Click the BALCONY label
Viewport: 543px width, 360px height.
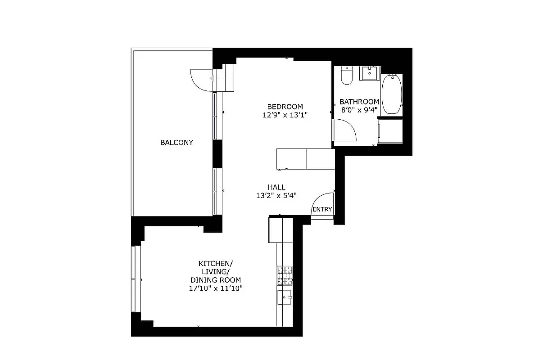(x=176, y=143)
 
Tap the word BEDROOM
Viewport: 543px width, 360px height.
(x=285, y=107)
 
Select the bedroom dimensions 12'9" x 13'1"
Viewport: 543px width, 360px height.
(x=285, y=115)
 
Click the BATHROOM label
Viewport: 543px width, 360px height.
(x=359, y=102)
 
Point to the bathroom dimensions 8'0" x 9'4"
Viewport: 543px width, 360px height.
(x=359, y=110)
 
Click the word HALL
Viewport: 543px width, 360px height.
(x=276, y=187)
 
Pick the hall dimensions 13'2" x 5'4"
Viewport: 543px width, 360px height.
(x=276, y=195)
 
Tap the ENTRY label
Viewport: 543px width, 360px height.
(x=322, y=209)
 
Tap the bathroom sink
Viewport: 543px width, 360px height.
(x=370, y=73)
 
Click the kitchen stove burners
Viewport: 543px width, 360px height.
(x=285, y=275)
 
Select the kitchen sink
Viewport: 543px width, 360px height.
(x=285, y=297)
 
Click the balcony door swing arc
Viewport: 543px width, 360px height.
(x=200, y=80)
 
